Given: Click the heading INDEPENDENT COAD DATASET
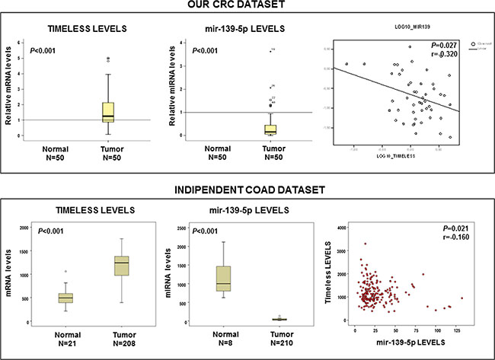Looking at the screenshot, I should click(x=247, y=188).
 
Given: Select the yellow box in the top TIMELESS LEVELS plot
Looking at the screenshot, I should click(x=107, y=112).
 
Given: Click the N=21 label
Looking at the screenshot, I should click(x=66, y=344).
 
